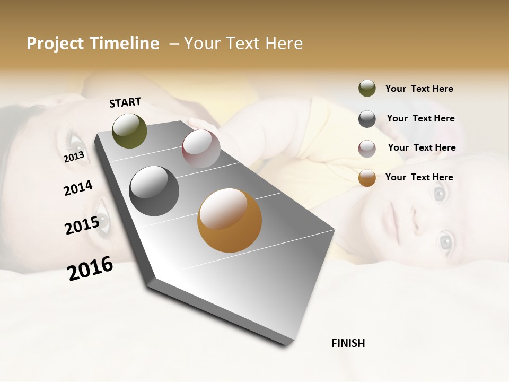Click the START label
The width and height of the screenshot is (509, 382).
pyautogui.click(x=125, y=102)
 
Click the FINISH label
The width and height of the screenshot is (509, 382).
pyautogui.click(x=348, y=343)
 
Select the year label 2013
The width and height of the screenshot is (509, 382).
pyautogui.click(x=74, y=157)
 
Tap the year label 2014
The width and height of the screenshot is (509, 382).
pyautogui.click(x=78, y=188)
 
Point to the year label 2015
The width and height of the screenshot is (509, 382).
pyautogui.click(x=82, y=225)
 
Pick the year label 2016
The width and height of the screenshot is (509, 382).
pyautogui.click(x=90, y=268)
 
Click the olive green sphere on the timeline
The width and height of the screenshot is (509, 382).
pyautogui.click(x=130, y=131)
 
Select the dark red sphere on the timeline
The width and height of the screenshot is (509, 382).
pyautogui.click(x=201, y=149)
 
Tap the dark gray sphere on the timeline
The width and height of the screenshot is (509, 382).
pyautogui.click(x=154, y=191)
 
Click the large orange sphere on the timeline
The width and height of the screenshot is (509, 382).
pyautogui.click(x=229, y=220)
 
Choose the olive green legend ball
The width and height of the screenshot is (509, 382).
pyautogui.click(x=367, y=88)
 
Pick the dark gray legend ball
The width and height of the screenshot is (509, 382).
pyautogui.click(x=367, y=118)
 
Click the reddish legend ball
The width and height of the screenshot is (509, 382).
pyautogui.click(x=367, y=148)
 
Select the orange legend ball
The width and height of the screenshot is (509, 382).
pyautogui.click(x=367, y=178)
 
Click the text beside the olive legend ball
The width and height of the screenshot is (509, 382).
pyautogui.click(x=419, y=89)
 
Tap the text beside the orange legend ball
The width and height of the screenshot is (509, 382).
pyautogui.click(x=419, y=177)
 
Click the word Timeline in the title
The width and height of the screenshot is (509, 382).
pyautogui.click(x=125, y=44)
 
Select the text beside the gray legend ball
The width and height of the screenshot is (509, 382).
pyautogui.click(x=420, y=118)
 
